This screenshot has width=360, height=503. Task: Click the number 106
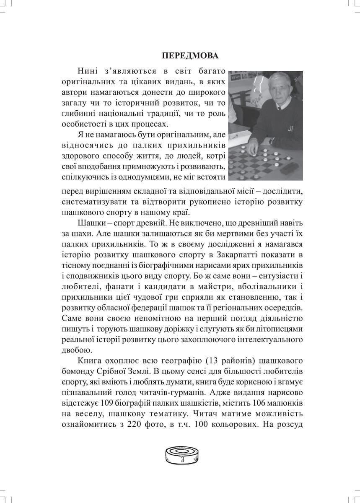point(261,403)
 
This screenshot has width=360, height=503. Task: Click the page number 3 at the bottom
point(182,460)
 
